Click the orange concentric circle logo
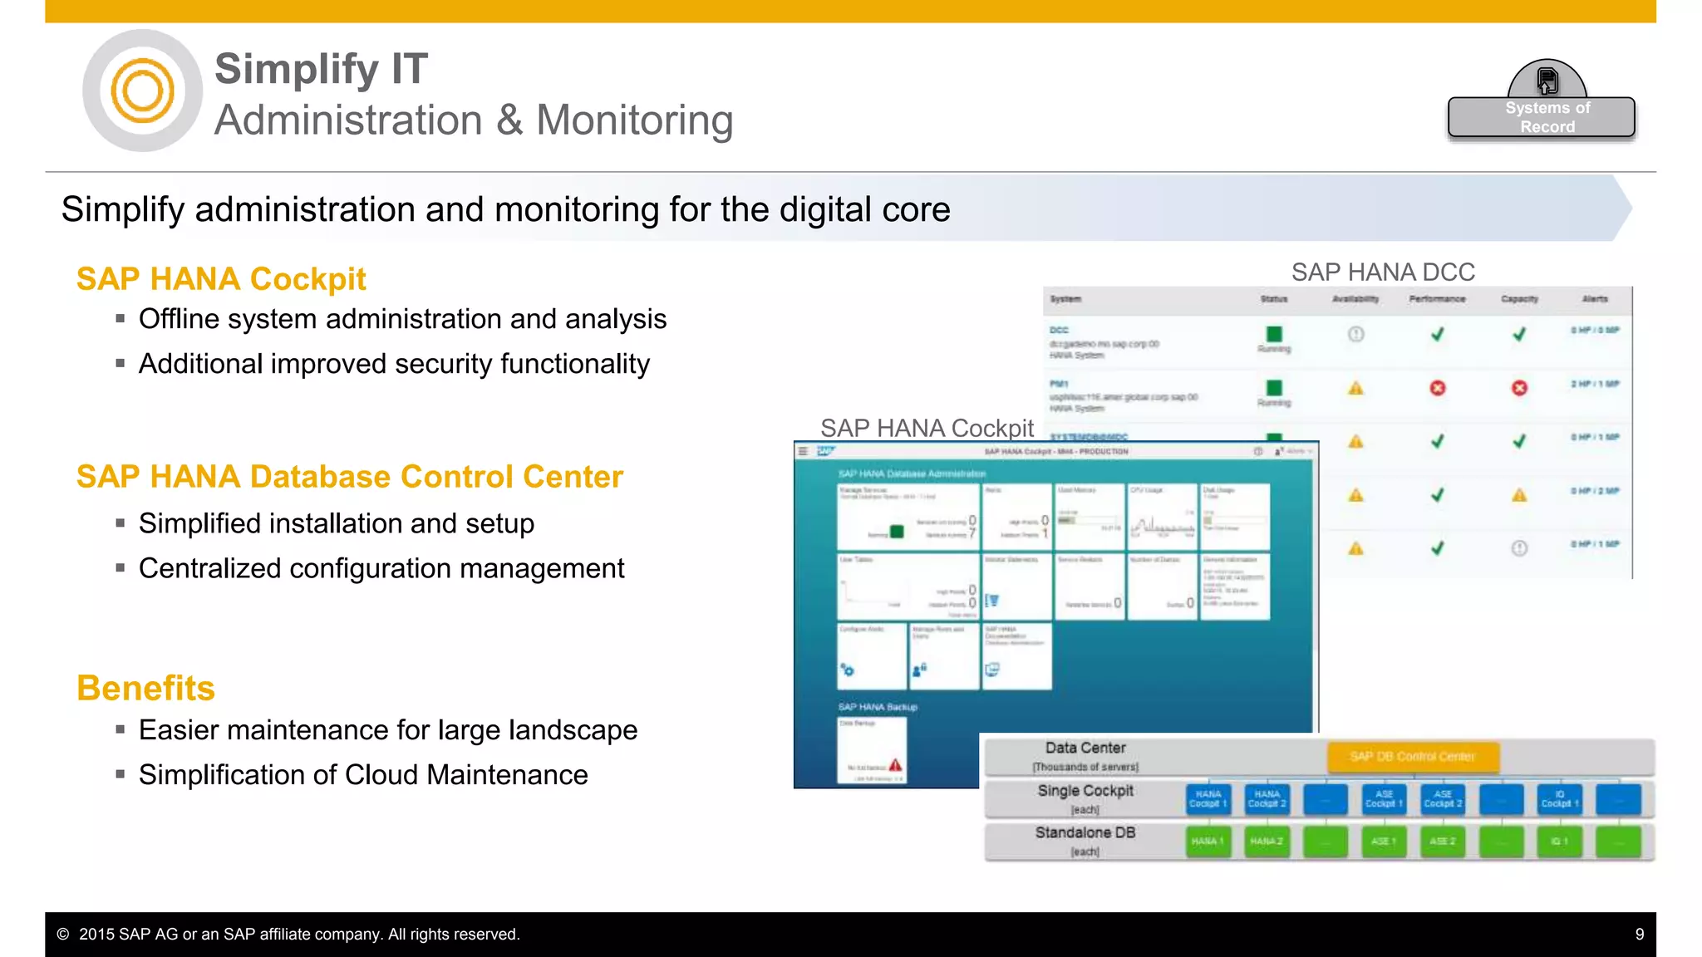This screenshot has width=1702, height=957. point(142,91)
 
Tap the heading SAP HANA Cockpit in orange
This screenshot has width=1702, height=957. point(221,279)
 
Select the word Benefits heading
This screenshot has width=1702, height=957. point(145,688)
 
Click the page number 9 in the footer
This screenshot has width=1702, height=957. point(1639,934)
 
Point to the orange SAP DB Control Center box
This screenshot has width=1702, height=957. point(1412,756)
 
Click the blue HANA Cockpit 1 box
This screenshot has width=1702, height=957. point(1208,799)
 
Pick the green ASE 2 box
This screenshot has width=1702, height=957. point(1442,842)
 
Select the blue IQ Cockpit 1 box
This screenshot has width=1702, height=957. point(1559,799)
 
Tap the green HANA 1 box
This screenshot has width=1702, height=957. point(1208,842)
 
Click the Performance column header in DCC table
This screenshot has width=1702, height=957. point(1437,299)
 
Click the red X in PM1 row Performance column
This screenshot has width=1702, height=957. point(1437,388)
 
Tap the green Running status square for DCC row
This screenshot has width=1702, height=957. point(1274,334)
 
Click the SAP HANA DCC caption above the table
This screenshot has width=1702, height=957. point(1383,272)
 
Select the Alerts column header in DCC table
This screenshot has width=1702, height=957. point(1594,299)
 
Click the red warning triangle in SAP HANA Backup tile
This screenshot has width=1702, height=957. point(895,764)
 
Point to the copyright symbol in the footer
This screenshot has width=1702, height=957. point(63,934)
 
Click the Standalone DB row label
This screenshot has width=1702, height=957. point(1085,832)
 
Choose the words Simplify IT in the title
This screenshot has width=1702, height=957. point(321,69)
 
